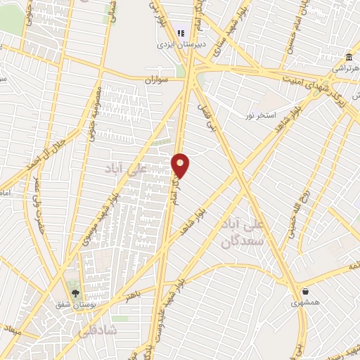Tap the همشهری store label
(305, 303)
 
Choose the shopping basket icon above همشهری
(305, 291)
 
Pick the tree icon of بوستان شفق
(75, 292)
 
